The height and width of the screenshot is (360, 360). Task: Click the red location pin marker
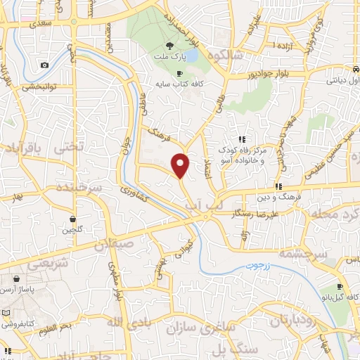tap(181, 165)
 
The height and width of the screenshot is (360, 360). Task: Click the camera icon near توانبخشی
tap(45, 65)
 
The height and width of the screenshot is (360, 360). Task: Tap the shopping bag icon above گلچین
tap(73, 219)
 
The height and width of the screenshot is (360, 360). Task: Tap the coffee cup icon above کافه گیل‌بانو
tap(340, 287)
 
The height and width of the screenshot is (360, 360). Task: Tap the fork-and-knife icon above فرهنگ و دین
tap(278, 187)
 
